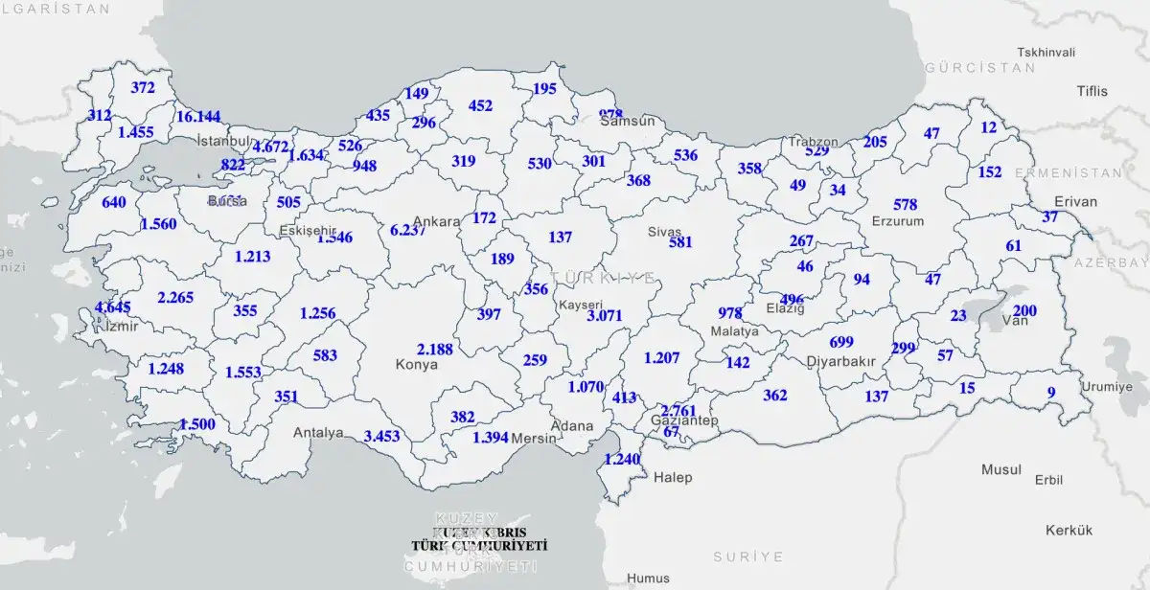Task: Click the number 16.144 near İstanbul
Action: [198, 117]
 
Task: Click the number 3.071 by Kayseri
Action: [606, 315]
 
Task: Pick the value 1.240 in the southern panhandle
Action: [621, 459]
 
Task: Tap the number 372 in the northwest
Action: [143, 88]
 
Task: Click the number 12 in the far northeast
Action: [989, 127]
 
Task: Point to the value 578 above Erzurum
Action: [905, 205]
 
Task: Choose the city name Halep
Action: [673, 477]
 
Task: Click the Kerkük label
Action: [1069, 530]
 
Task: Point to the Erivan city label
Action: [1074, 202]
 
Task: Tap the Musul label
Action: [1001, 470]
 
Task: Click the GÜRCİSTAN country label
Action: [980, 68]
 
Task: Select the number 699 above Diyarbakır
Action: [841, 343]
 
